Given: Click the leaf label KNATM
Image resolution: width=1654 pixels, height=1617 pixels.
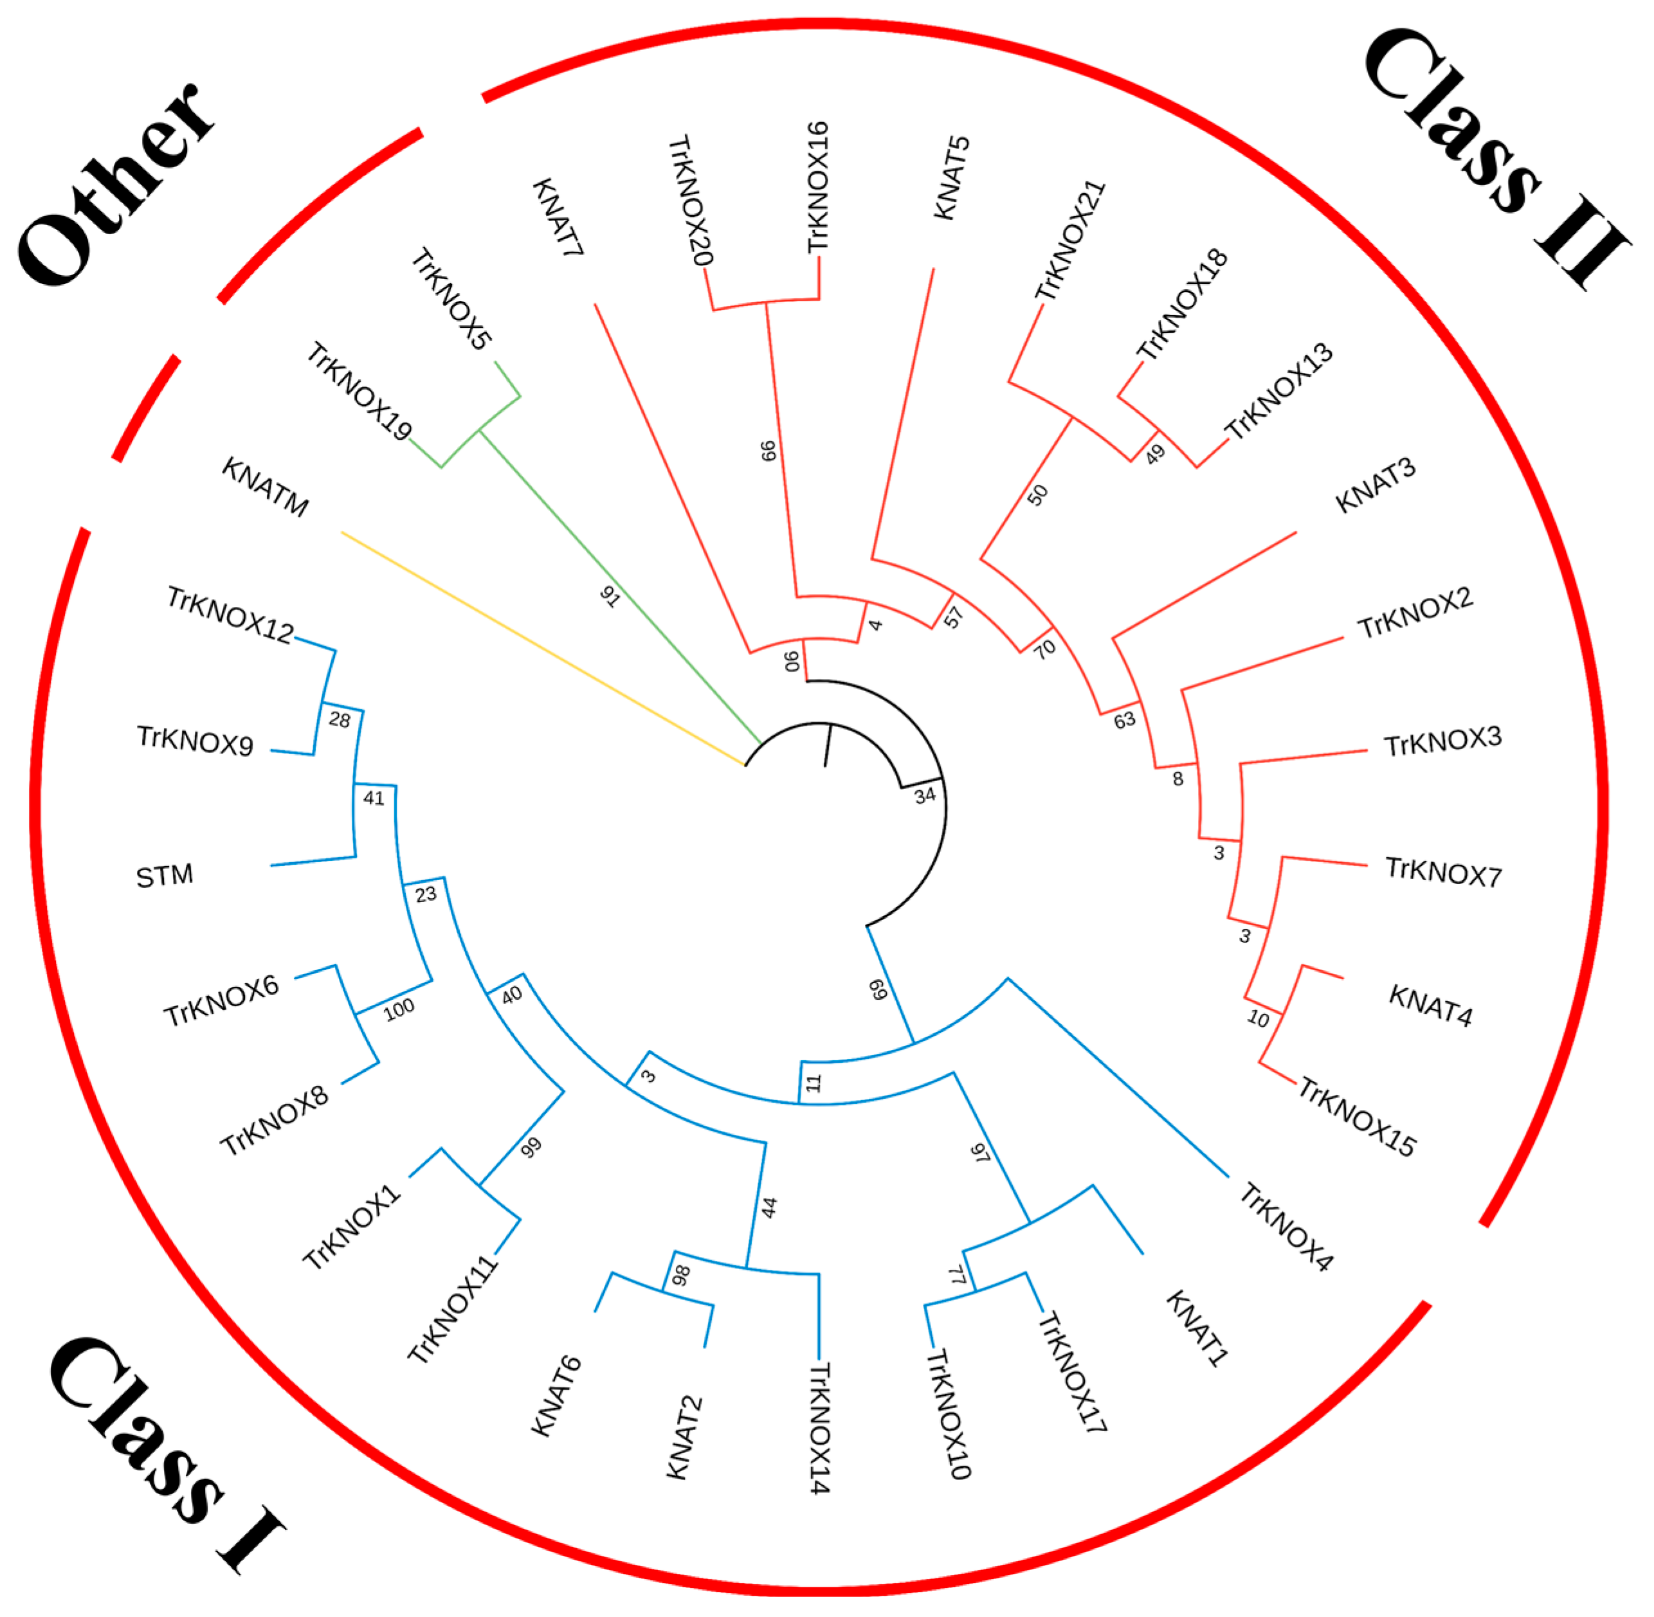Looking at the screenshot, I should click(x=265, y=487).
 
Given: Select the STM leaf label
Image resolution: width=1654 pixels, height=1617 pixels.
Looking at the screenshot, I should click(x=165, y=876).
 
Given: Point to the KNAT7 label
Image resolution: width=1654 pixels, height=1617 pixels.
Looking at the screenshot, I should click(x=558, y=217).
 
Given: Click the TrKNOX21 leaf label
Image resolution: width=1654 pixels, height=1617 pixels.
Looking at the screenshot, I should click(x=1070, y=240).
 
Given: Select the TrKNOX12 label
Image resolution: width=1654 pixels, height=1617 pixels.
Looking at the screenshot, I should click(x=230, y=615).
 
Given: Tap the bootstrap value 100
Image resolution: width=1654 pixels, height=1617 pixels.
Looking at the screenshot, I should click(x=399, y=1009).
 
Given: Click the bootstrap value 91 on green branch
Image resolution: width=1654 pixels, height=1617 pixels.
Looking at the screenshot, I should click(x=610, y=596).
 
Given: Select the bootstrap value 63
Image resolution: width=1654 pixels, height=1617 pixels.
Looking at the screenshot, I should click(x=1124, y=720).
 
